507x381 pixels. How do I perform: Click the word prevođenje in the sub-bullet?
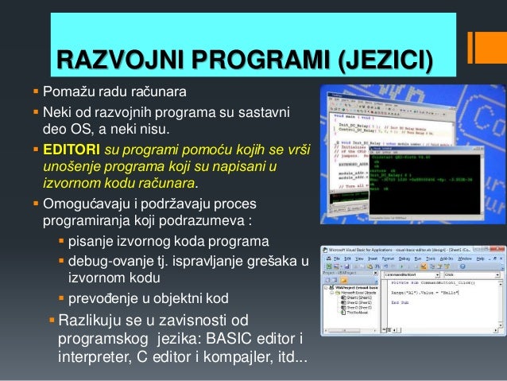click(x=103, y=299)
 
